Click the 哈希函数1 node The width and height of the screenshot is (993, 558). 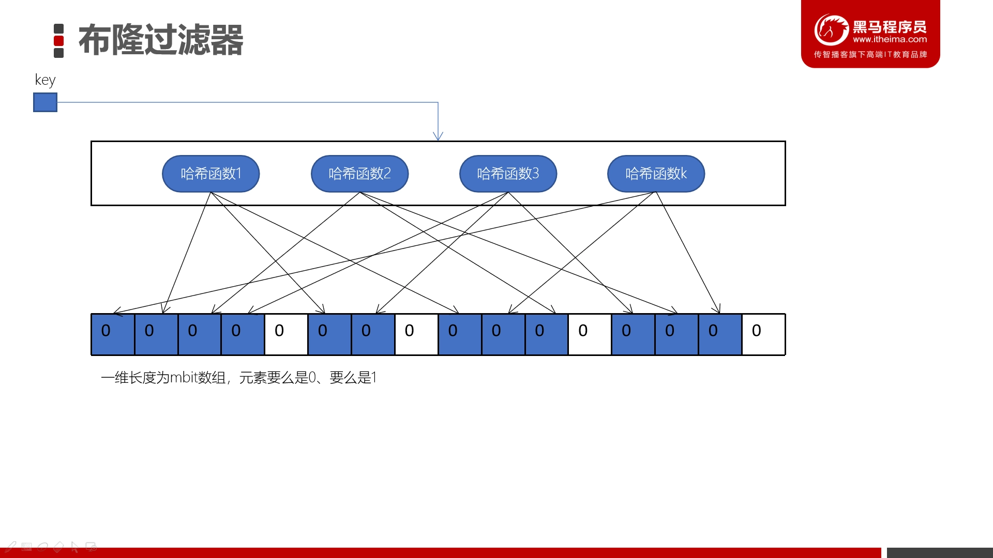[210, 174]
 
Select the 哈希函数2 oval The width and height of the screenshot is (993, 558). [359, 174]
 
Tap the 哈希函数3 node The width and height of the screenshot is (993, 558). [508, 174]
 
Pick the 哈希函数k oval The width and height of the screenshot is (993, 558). [656, 174]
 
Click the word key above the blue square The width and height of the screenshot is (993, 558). [45, 80]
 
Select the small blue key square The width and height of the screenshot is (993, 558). [45, 102]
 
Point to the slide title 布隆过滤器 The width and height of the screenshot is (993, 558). [161, 40]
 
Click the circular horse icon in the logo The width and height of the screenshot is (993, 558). [831, 29]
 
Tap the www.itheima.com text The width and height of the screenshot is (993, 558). [890, 39]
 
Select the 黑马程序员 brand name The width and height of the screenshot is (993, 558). [890, 26]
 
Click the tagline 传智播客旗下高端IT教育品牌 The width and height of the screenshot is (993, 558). [870, 54]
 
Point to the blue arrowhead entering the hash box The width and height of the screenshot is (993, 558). [438, 136]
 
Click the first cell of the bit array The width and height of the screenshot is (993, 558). [113, 334]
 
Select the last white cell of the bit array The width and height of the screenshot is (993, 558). [763, 334]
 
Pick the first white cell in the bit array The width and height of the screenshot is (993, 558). [286, 334]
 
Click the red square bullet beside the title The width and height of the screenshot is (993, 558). [59, 41]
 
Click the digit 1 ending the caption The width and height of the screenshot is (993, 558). [374, 378]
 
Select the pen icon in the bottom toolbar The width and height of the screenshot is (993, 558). [10, 547]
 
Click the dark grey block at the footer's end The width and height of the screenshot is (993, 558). [940, 553]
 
